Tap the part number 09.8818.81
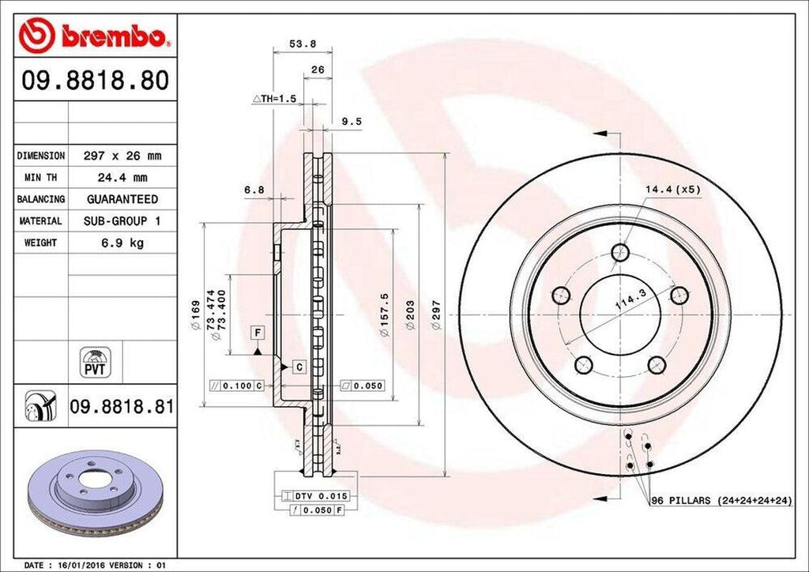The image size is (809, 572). point(122,407)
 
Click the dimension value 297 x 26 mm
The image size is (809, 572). point(122,156)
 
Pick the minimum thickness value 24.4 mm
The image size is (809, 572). point(122,178)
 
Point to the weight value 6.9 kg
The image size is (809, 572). point(122,243)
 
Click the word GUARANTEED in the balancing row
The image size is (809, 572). point(122,199)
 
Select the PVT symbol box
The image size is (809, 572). point(94,363)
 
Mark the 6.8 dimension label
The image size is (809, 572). point(254,189)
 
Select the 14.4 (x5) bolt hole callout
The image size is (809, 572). point(672,189)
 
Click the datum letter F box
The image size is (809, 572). point(258,333)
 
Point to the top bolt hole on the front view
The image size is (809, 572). point(620,253)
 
